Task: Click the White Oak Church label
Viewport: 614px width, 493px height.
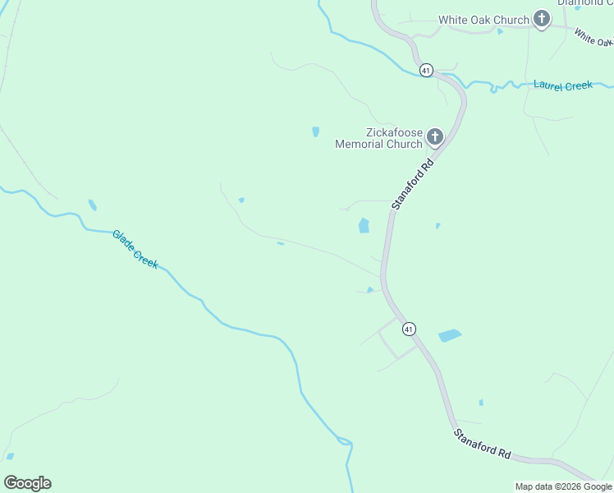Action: [483, 20]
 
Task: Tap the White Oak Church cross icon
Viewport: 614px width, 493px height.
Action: [541, 18]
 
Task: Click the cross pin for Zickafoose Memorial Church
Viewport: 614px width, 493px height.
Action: [434, 137]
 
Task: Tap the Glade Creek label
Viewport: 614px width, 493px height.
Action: [135, 249]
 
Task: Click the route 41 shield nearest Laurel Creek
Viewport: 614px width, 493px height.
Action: [425, 71]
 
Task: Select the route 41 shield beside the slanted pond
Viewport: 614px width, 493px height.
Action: [409, 329]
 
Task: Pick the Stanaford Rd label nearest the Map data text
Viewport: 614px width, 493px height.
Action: [483, 444]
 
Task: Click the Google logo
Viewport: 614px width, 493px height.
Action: [27, 483]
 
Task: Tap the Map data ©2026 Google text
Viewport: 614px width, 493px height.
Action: [563, 486]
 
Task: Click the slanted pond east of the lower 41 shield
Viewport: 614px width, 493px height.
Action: [450, 335]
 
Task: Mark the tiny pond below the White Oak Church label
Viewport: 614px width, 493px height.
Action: [499, 32]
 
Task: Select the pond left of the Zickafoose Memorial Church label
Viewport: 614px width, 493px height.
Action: [315, 131]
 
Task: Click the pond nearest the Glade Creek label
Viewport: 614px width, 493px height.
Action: [92, 205]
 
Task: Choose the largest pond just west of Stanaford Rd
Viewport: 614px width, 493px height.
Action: [364, 225]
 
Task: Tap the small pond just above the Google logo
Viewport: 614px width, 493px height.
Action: [10, 456]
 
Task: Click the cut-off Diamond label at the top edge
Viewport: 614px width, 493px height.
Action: [585, 2]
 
